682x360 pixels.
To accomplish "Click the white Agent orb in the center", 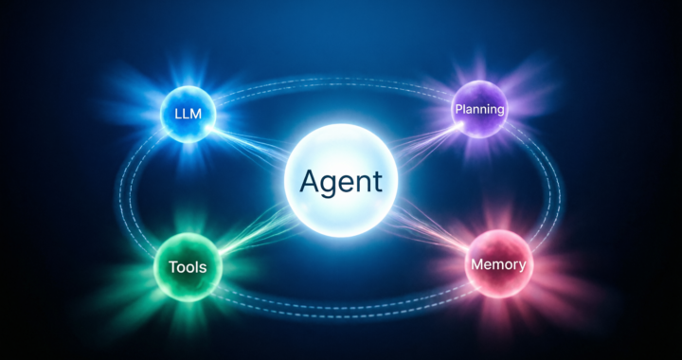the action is (341, 180).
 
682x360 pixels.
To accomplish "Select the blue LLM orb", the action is (188, 114).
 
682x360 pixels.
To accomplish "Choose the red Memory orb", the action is (497, 264).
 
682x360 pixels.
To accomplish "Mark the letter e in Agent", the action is (346, 181).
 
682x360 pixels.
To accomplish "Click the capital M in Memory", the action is (476, 264).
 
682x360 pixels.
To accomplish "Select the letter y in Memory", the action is (521, 267).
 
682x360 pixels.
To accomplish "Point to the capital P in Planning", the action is (458, 110).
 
